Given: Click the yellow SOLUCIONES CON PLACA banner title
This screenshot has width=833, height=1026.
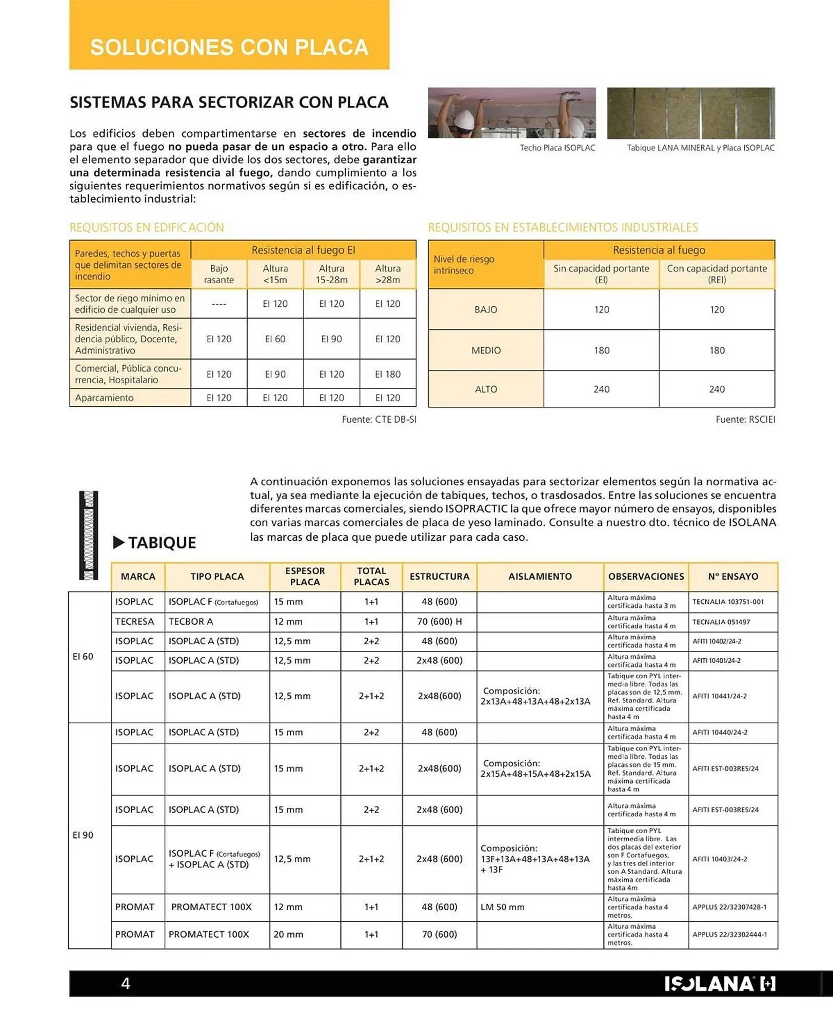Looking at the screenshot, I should click(x=229, y=47).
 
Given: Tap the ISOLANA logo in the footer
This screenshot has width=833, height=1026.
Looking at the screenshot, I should click(x=720, y=983).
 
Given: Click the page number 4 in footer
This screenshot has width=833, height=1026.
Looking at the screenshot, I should click(x=125, y=983).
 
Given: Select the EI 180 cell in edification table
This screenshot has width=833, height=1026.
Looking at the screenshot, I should click(x=387, y=374).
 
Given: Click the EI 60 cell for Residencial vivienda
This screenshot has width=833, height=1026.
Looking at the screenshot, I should click(x=275, y=339).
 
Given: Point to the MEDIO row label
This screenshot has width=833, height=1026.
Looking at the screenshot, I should click(x=486, y=350).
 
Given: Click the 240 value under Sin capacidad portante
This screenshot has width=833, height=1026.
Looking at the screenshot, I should click(x=601, y=389).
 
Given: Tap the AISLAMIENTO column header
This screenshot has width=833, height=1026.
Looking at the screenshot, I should click(x=540, y=577).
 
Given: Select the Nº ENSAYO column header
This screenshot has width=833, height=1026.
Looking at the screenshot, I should click(x=732, y=577).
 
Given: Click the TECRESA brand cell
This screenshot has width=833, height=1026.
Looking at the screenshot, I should click(x=134, y=622).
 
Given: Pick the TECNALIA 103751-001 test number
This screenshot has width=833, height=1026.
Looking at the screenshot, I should click(x=727, y=602).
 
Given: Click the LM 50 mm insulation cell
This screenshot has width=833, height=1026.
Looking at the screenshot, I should click(x=502, y=907).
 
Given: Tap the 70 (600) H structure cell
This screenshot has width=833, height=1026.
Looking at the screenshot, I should click(x=439, y=622).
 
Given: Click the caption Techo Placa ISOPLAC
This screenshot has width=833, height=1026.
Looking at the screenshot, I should click(x=557, y=148).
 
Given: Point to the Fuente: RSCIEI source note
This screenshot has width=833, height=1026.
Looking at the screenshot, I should click(x=745, y=420).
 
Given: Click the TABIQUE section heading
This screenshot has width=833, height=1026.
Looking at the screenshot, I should click(x=162, y=543).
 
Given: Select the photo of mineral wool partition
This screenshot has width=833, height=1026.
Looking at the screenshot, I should click(x=690, y=113).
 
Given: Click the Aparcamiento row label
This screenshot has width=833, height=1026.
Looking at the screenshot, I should click(x=104, y=398).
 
